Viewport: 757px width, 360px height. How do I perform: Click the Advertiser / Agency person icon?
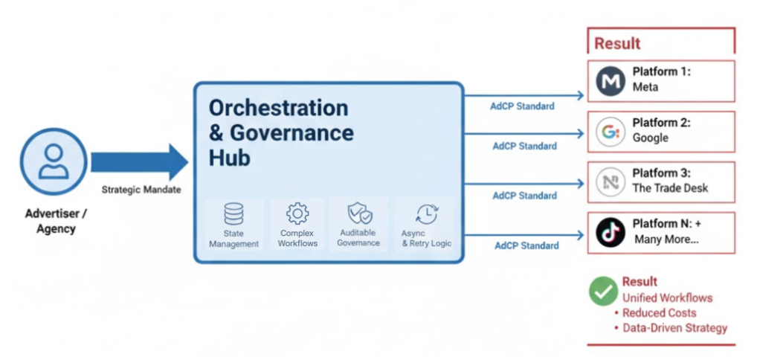[x=53, y=161]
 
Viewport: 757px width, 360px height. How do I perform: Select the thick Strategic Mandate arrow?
[x=140, y=162]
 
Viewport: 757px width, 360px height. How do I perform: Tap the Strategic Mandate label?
[x=141, y=190]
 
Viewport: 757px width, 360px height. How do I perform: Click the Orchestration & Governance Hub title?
[x=281, y=132]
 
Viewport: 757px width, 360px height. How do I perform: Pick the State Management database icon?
[x=233, y=214]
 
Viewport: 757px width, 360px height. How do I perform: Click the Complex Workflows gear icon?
[x=297, y=213]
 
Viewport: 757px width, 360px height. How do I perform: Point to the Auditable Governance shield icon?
[x=360, y=213]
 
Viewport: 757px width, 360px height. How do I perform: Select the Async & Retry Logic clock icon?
[x=427, y=214]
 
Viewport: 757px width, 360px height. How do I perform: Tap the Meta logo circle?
[x=611, y=81]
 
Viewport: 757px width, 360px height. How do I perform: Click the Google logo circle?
[x=611, y=132]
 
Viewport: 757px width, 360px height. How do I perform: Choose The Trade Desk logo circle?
[x=611, y=182]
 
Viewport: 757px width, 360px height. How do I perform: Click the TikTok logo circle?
[x=611, y=232]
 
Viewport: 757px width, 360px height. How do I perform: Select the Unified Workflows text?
[x=667, y=298]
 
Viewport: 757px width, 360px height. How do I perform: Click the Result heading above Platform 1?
[x=617, y=43]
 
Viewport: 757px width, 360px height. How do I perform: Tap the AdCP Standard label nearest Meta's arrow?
[x=522, y=106]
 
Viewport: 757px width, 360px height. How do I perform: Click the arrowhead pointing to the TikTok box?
[x=580, y=235]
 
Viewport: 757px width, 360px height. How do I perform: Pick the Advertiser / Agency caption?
[x=56, y=220]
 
